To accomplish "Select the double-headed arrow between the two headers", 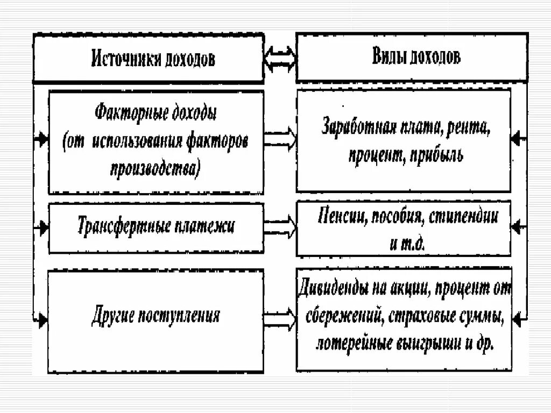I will coord(280,57).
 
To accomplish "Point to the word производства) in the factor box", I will coord(156,169).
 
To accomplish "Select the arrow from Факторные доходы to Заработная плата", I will coord(280,139).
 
